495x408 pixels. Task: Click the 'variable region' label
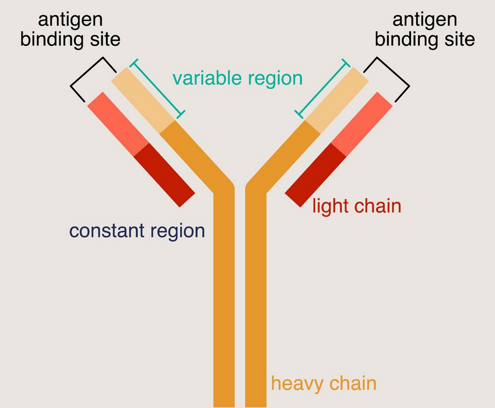237,78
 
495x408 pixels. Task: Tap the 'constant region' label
137,231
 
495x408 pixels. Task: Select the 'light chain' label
357,206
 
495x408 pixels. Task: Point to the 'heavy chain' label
324,384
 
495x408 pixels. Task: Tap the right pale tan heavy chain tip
336,97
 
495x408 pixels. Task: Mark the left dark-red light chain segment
165,174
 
